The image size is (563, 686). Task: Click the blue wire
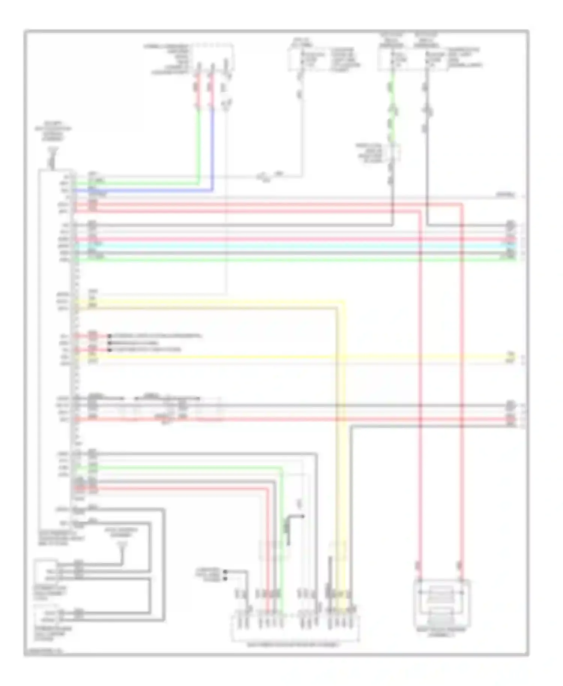tap(213, 150)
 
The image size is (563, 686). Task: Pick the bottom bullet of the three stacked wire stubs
tap(110, 350)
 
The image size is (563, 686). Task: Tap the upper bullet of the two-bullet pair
tap(225, 572)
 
